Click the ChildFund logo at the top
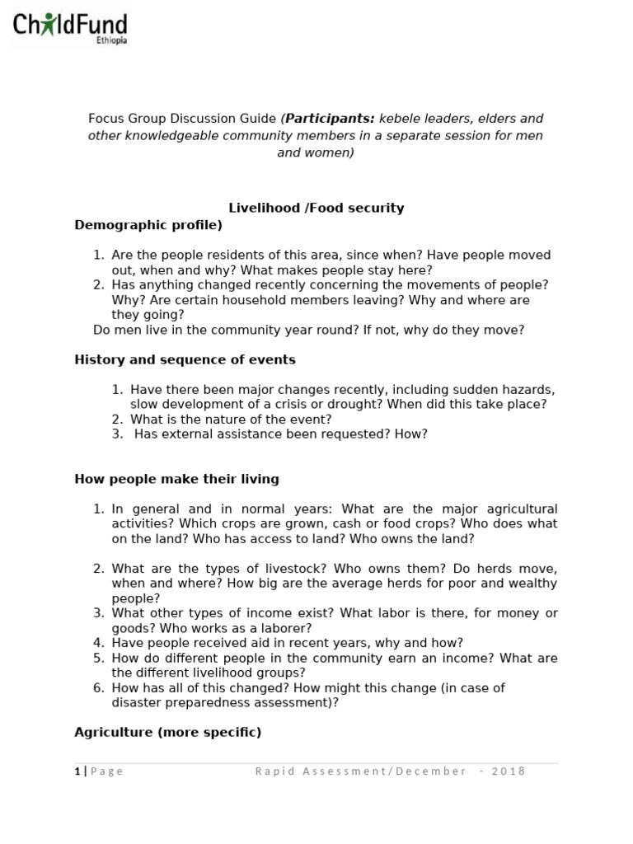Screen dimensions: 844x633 [70, 26]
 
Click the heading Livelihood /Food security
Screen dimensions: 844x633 [316, 208]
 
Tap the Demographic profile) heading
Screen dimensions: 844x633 [148, 224]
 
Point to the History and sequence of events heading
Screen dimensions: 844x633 [185, 359]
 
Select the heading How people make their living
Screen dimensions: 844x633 [176, 478]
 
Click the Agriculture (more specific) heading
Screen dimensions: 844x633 [167, 732]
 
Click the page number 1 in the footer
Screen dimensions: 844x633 [77, 771]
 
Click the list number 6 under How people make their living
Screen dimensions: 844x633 [98, 687]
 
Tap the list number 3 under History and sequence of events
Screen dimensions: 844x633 [116, 434]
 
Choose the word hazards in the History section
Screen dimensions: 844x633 [531, 389]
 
